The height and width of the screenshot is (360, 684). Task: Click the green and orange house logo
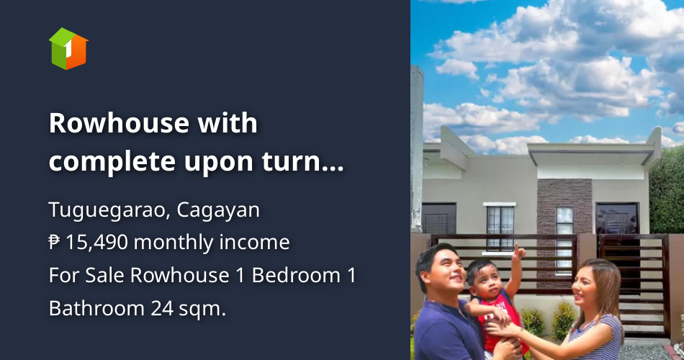click(x=68, y=48)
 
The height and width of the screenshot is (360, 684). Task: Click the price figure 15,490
click(x=96, y=243)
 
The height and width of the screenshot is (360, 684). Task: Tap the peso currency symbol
click(x=55, y=243)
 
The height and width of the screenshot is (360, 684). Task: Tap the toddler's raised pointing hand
click(x=518, y=251)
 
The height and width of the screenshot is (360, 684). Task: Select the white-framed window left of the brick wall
click(x=500, y=225)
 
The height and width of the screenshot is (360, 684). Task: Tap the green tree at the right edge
click(x=668, y=191)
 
